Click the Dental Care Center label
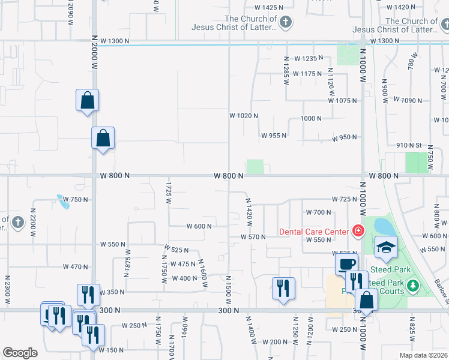pos(314,232)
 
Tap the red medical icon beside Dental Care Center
pos(358,230)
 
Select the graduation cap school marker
pos(386,247)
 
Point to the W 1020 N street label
pos(244,115)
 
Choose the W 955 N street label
pos(273,136)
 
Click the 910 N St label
pos(409,145)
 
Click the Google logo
pos(20,353)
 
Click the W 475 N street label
pos(184,264)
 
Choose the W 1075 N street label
pos(343,100)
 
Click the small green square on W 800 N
pos(255,167)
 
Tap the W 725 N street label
pos(344,199)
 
